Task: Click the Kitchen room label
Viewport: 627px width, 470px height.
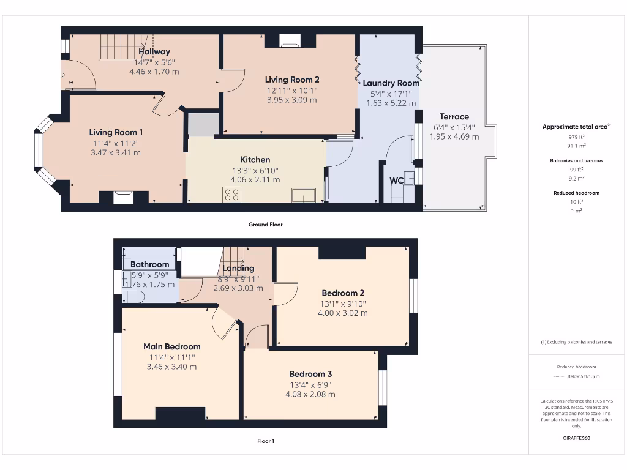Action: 255,160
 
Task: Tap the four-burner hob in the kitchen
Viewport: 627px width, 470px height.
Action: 232,195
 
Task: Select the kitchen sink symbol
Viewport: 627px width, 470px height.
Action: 304,195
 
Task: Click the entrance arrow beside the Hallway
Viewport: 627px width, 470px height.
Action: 61,75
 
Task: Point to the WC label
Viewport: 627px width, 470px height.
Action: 397,181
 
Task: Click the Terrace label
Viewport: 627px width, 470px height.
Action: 454,116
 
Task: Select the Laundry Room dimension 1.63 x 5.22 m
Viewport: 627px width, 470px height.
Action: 391,103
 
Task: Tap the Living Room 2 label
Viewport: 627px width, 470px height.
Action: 292,80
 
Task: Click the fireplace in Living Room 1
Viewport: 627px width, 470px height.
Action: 123,197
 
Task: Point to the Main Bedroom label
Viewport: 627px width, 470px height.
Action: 171,346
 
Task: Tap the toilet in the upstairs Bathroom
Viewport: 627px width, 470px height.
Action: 133,297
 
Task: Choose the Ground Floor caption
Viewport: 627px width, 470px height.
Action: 265,225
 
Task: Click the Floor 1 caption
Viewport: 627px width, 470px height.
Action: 265,441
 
